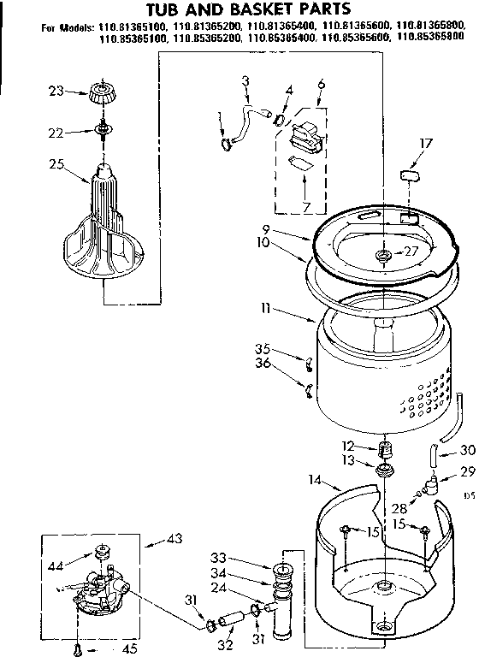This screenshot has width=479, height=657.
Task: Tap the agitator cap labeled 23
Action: coord(102,92)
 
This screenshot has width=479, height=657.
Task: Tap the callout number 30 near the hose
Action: coord(466,452)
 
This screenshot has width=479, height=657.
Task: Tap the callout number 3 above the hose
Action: coord(245,80)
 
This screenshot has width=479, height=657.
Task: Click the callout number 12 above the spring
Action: coord(347,447)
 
